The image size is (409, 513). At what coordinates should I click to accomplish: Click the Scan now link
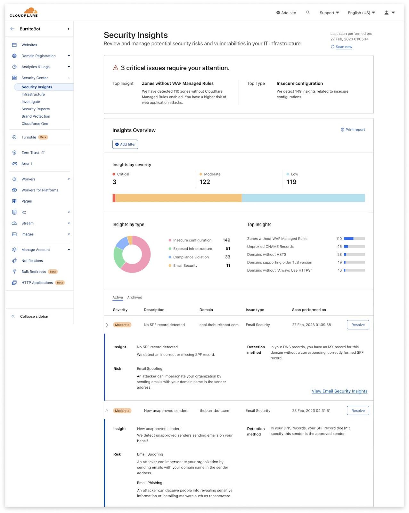point(343,47)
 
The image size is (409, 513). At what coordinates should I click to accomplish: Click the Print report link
point(353,130)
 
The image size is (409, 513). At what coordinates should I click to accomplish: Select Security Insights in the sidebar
point(37,87)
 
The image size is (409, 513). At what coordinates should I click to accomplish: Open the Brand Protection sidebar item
point(36,116)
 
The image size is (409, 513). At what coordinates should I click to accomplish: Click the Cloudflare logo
point(24,13)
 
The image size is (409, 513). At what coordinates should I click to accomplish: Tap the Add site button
point(286,13)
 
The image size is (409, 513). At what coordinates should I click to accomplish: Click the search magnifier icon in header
point(308,13)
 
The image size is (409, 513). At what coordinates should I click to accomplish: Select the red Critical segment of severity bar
point(114,198)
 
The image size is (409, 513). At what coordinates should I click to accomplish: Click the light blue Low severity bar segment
point(303,198)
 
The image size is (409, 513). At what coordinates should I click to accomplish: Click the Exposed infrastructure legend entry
point(192,249)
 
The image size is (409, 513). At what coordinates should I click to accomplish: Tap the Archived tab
point(135,298)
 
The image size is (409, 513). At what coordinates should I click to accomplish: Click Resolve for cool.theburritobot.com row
point(358,325)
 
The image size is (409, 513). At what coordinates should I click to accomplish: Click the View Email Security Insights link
point(339,391)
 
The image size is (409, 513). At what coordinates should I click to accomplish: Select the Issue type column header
point(255,310)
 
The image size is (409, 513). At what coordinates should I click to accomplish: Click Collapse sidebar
point(34,316)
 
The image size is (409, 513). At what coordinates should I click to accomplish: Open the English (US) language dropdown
point(361,13)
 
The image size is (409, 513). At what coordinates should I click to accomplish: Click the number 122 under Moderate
point(205,182)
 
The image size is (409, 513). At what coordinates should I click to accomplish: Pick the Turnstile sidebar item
point(29,137)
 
